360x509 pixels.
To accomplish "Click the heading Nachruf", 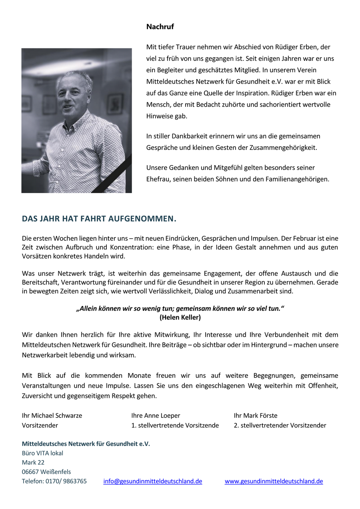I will tap(160, 27).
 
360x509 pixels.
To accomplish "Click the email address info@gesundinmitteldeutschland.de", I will tap(152, 481).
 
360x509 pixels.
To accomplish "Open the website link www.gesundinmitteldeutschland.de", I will tap(274, 481).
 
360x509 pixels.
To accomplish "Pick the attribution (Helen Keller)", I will tap(180, 317).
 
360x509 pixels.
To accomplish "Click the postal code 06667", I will tap(30, 472).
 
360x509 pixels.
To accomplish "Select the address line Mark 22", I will tap(33, 462).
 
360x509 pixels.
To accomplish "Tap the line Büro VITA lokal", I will tap(42, 453).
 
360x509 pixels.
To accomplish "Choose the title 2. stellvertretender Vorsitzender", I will tap(280, 425).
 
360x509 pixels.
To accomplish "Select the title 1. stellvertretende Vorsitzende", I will tap(175, 425).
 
